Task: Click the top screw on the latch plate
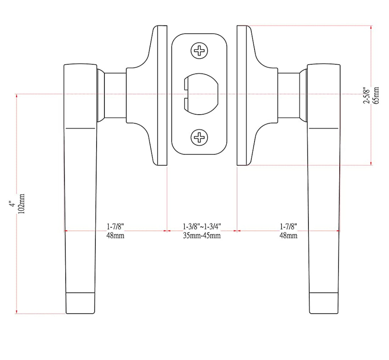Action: click(199, 51)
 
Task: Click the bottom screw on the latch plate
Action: click(199, 137)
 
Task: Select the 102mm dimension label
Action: click(21, 204)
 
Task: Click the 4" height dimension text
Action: click(12, 204)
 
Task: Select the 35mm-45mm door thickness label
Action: click(202, 236)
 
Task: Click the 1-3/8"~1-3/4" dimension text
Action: click(202, 226)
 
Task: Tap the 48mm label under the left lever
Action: click(115, 236)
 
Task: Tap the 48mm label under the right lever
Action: click(288, 236)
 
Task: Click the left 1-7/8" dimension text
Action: click(115, 226)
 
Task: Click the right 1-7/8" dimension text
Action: click(288, 226)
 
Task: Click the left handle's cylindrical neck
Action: click(115, 95)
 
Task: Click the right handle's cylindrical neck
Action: click(289, 95)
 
